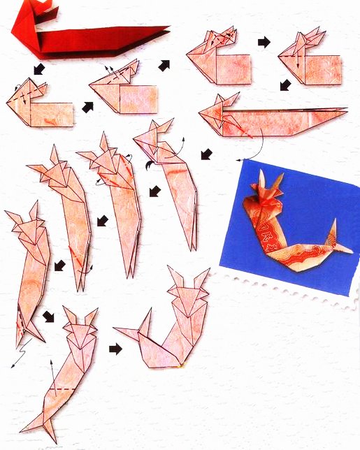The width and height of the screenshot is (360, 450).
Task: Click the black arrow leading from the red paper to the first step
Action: tap(38, 68)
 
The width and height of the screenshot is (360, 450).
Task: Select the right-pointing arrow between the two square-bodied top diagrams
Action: tap(264, 43)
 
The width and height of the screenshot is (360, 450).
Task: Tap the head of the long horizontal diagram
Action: tap(217, 110)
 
